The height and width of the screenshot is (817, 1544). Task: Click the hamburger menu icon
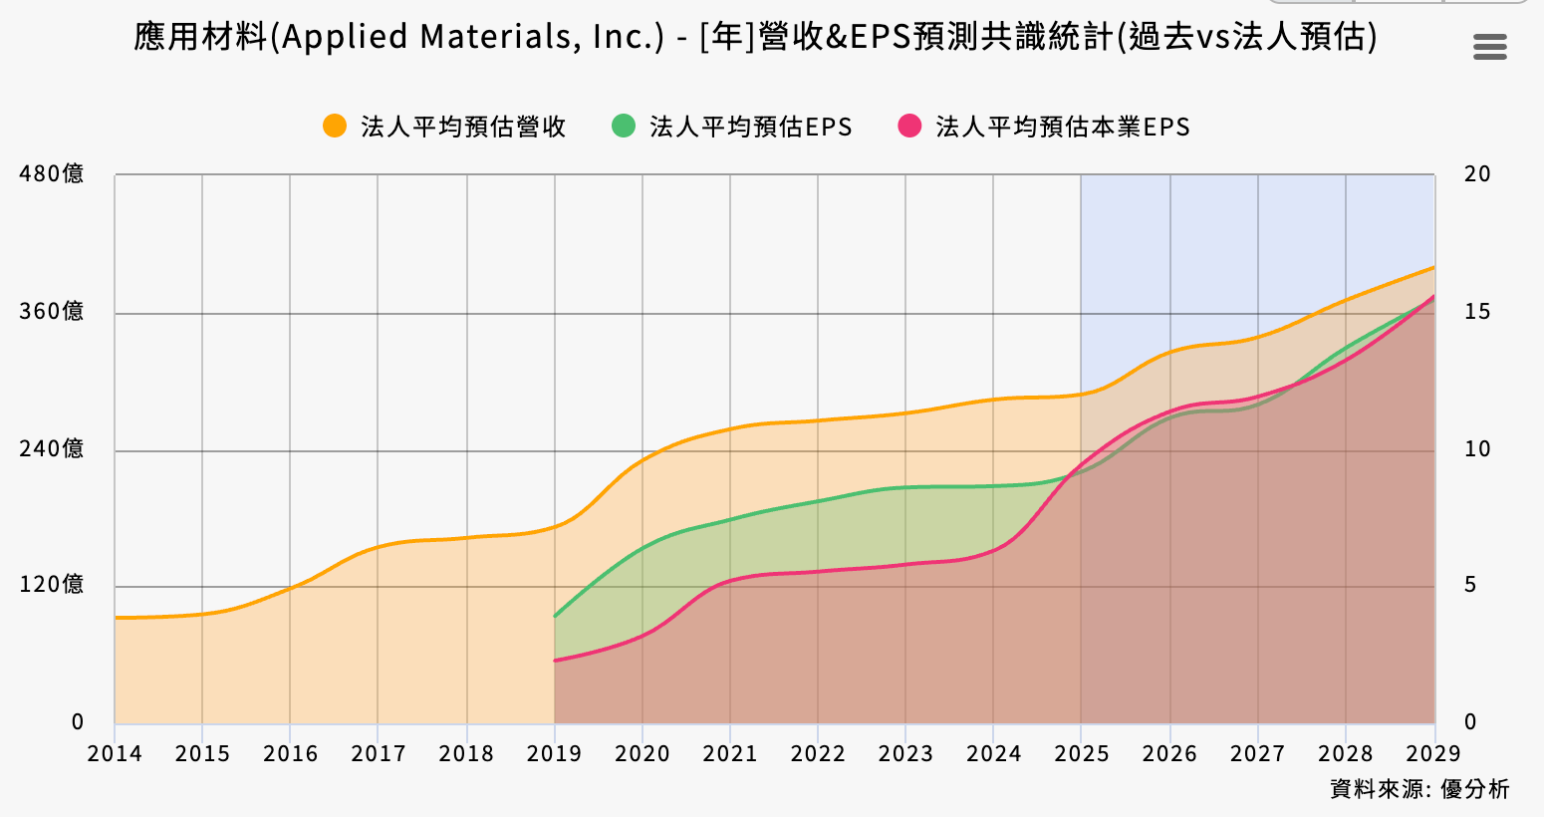pyautogui.click(x=1489, y=46)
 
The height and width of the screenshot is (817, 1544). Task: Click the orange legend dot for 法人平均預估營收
pyautogui.click(x=335, y=127)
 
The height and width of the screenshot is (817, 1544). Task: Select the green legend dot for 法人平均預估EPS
pyautogui.click(x=624, y=127)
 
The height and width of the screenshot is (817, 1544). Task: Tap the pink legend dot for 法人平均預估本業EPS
pyautogui.click(x=909, y=127)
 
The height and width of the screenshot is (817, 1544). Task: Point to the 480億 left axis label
pyautogui.click(x=52, y=174)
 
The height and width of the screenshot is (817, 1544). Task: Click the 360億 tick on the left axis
pyautogui.click(x=52, y=312)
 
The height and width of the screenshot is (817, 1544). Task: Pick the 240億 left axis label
pyautogui.click(x=52, y=449)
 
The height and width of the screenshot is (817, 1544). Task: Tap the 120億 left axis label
pyautogui.click(x=52, y=585)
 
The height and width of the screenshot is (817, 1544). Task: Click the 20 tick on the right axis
pyautogui.click(x=1477, y=174)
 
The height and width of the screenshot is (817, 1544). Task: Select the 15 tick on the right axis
pyautogui.click(x=1477, y=312)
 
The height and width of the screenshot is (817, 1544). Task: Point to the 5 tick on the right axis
pyautogui.click(x=1470, y=585)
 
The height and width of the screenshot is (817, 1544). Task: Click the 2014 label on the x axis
pyautogui.click(x=115, y=754)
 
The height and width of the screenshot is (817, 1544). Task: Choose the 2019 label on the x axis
pyautogui.click(x=554, y=754)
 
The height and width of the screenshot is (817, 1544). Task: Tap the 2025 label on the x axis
pyautogui.click(x=1082, y=754)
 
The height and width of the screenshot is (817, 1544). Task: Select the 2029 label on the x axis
pyautogui.click(x=1433, y=754)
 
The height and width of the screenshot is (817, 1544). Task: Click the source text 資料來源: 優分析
pyautogui.click(x=1419, y=789)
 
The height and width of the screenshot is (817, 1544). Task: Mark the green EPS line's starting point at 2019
pyautogui.click(x=555, y=616)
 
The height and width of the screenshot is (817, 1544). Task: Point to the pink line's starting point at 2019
pyautogui.click(x=555, y=661)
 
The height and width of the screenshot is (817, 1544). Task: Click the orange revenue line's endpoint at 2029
pyautogui.click(x=1434, y=267)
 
